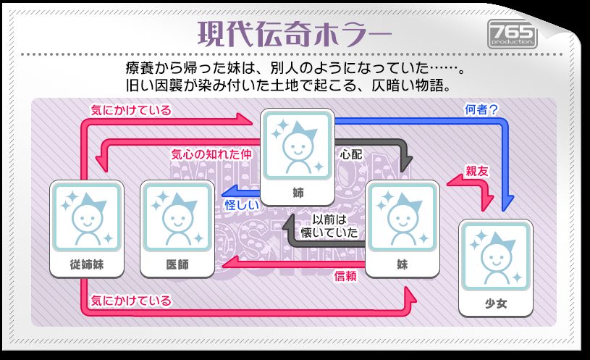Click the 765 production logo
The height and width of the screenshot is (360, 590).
point(512,34)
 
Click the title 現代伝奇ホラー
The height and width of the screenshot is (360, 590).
point(295,33)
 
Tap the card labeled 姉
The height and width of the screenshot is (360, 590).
point(298,156)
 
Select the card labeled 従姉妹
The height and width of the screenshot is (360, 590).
point(87,229)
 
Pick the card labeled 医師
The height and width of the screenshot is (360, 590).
point(177,229)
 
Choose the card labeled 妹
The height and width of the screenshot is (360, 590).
point(403,229)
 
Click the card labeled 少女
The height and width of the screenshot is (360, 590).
point(496,268)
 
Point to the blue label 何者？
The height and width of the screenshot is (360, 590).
point(481,109)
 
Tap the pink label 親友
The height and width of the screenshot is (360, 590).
point(477,172)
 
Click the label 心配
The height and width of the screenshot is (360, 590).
point(350,154)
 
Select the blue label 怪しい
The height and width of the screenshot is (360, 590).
point(242,205)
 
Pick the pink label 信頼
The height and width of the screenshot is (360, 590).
point(345,276)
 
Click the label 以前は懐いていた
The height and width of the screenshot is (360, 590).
point(329,226)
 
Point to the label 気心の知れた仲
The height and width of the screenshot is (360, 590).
point(211,154)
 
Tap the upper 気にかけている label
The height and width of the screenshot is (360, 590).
point(131,110)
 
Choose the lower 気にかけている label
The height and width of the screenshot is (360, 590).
point(131,301)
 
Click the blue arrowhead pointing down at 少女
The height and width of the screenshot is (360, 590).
point(507,203)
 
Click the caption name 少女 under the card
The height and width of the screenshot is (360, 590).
point(496,304)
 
